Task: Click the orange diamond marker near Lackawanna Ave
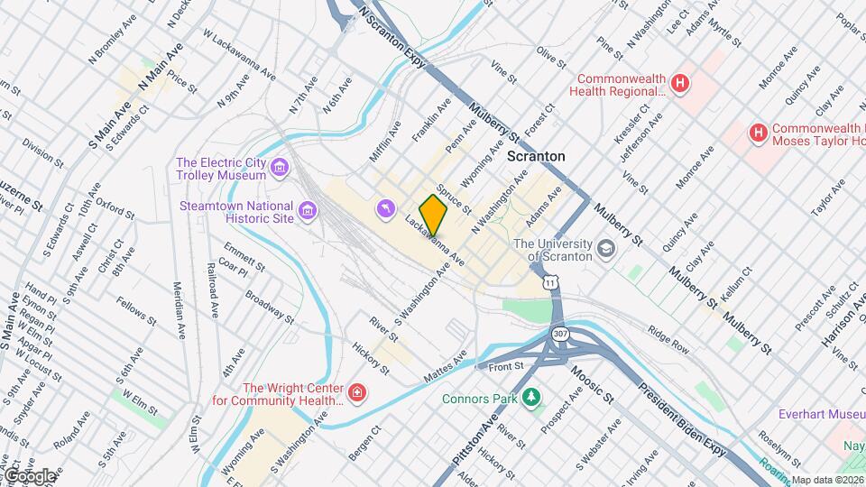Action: coord(434,214)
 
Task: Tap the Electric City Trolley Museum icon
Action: coord(280,167)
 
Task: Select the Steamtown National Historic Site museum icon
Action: coord(309,212)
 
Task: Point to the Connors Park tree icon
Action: coord(532,397)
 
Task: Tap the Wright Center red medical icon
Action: coord(358,393)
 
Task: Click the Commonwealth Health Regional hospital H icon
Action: coord(680,85)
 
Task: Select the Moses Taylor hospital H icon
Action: coord(759,134)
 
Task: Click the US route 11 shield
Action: coord(550,282)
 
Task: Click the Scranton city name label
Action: coord(536,156)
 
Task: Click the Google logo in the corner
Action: coord(29,475)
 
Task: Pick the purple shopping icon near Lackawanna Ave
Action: coord(386,209)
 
